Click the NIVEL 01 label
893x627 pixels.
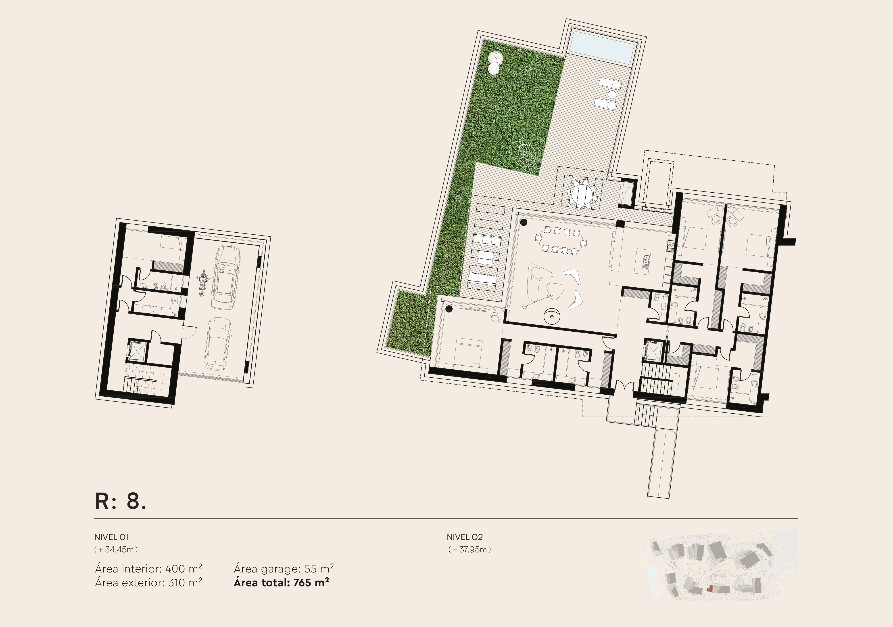point(111,537)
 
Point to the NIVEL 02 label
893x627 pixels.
point(464,537)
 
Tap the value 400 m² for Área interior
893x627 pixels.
point(184,569)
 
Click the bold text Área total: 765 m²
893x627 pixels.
point(281,583)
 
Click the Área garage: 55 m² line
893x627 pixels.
point(284,569)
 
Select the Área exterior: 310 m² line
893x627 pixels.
point(149,583)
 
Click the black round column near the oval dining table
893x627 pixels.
point(524,223)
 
